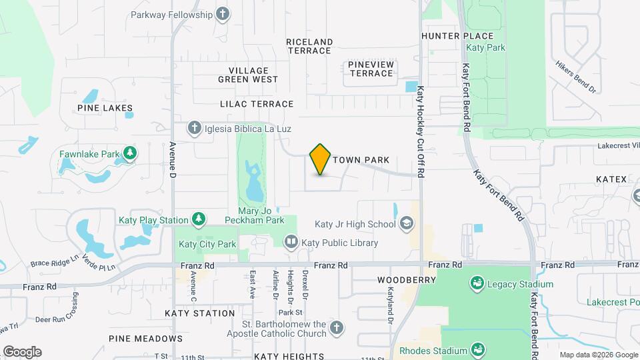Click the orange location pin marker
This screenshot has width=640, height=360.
[x=320, y=159]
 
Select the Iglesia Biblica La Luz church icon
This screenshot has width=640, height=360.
[x=194, y=128]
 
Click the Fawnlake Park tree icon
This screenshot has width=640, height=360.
[x=131, y=154]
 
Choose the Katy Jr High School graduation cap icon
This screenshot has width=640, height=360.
[x=405, y=224]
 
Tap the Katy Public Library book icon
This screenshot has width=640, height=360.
[x=291, y=243]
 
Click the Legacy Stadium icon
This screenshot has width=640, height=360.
[x=477, y=284]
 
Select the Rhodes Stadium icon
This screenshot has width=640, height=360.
[x=477, y=350]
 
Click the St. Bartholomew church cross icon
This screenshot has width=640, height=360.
[x=337, y=328]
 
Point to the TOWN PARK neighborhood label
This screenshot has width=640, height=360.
[x=361, y=160]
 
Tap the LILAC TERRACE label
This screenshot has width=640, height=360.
[x=257, y=104]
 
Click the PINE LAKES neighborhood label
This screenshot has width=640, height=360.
[x=105, y=108]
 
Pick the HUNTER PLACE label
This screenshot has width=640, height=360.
[x=457, y=36]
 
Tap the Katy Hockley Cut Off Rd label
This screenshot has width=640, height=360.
[x=421, y=131]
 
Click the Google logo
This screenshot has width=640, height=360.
[x=22, y=352]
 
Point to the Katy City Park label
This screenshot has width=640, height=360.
[x=207, y=244]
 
